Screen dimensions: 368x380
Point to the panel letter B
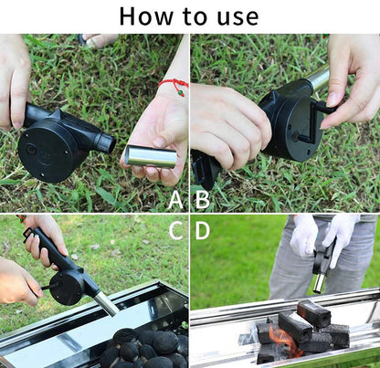pos(202,199)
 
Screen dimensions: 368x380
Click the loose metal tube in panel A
pos(151,156)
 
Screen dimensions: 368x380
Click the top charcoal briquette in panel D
pos(314,314)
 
